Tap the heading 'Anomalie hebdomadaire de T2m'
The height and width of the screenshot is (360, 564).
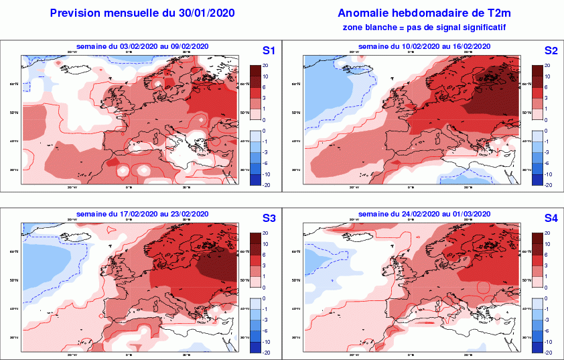point(423,13)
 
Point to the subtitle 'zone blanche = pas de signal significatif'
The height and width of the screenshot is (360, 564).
point(423,27)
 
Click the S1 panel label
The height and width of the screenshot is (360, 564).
point(269,51)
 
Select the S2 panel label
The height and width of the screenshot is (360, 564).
point(551,51)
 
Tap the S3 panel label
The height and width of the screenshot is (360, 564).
point(269,219)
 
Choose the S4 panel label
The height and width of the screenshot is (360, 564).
point(551,219)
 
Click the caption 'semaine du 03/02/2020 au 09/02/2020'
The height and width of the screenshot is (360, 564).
point(143,46)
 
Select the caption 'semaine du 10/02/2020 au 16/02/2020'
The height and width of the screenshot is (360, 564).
point(424,46)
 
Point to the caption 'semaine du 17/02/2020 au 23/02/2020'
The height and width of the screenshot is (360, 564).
point(143,213)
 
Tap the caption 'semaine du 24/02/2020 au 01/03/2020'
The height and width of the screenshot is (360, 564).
point(424,213)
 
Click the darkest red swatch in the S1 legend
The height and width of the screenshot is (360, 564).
point(255,70)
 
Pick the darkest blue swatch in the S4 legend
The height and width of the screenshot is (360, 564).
point(537,347)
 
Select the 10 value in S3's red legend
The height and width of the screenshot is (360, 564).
point(265,244)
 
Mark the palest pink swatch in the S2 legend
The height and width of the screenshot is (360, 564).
point(537,114)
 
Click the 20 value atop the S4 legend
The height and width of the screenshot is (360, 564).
point(547,233)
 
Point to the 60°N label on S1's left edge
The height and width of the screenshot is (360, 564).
point(13,84)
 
